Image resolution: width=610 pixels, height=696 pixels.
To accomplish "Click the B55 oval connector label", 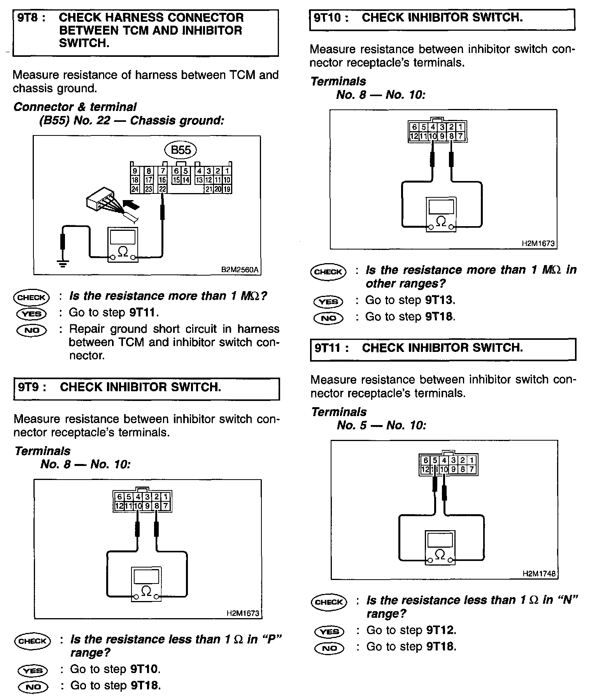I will pyautogui.click(x=181, y=150).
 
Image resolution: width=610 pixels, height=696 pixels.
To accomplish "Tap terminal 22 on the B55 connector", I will pyautogui.click(x=162, y=189).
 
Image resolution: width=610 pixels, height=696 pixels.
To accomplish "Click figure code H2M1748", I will pyautogui.click(x=539, y=574).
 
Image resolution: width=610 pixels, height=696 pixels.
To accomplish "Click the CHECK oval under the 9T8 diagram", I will pyautogui.click(x=32, y=298).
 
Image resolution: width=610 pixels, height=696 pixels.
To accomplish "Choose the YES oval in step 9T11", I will pyautogui.click(x=329, y=631).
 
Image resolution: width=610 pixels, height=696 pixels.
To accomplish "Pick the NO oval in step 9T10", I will pyautogui.click(x=328, y=318).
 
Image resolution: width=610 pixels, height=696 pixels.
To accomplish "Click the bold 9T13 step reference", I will pyautogui.click(x=439, y=300).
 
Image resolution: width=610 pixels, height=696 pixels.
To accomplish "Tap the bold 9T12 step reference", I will pyautogui.click(x=440, y=630).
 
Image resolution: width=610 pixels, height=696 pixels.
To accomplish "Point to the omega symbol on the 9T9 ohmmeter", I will pyautogui.click(x=146, y=591).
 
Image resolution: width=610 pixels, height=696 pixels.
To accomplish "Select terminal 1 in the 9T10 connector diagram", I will pyautogui.click(x=461, y=127).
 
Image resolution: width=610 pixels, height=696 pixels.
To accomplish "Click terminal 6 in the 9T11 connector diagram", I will pyautogui.click(x=426, y=460).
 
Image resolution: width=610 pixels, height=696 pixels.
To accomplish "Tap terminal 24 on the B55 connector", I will pyautogui.click(x=135, y=189).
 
